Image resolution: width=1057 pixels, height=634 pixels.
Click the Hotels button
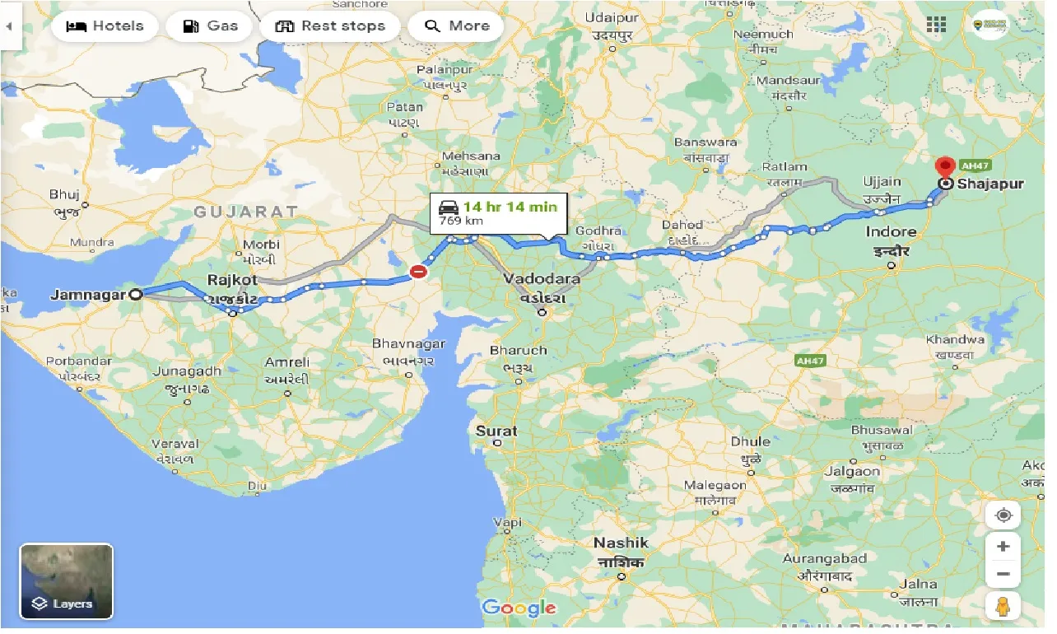pos(104,26)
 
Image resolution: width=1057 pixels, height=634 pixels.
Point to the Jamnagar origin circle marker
pos(136,293)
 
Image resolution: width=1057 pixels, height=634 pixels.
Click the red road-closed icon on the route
pos(419,271)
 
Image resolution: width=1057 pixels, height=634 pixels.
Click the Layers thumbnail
pos(66,581)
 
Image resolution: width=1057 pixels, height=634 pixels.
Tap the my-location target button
pos(1003,516)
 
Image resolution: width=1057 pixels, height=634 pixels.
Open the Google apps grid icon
pos(936,25)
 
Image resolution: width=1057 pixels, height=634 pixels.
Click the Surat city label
pos(496,431)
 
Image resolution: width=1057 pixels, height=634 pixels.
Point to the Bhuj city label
pos(63,195)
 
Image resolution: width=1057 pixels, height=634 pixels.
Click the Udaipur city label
pos(612,17)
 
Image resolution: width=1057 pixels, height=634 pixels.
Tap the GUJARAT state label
pos(245,212)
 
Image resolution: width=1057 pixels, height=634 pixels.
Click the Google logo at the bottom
pos(519,608)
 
